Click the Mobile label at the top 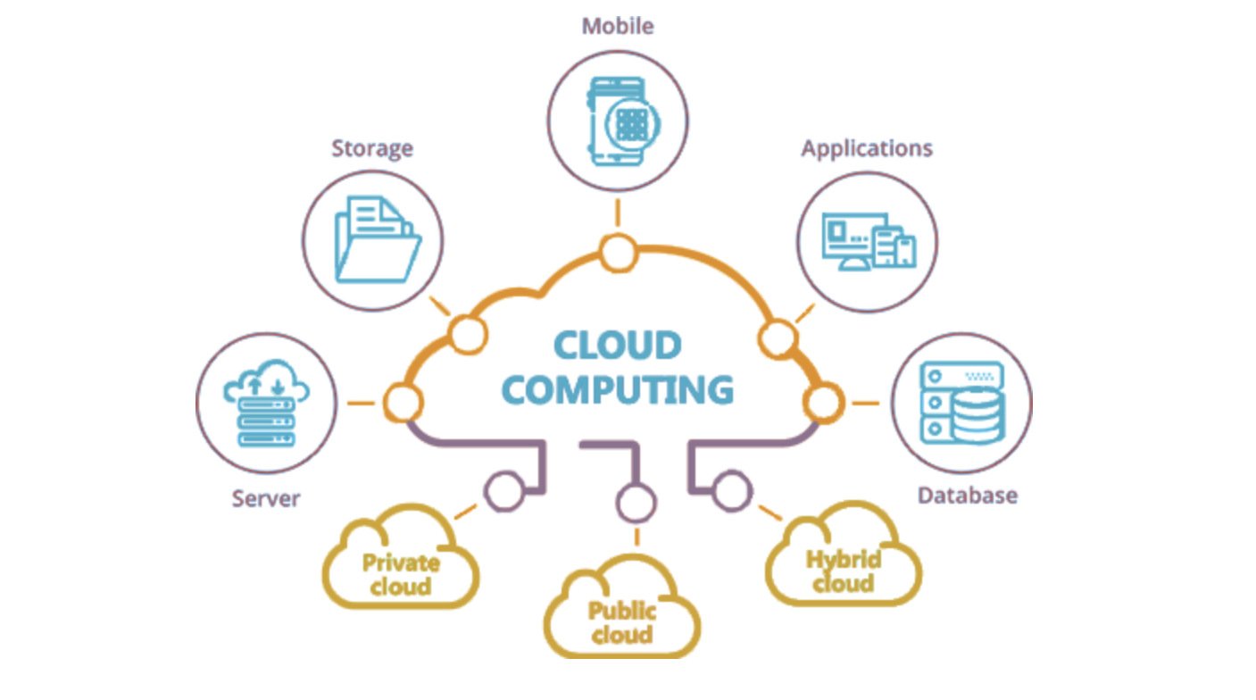(617, 26)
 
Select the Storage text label (372, 147)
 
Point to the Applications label (866, 148)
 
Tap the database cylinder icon (977, 415)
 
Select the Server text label (266, 497)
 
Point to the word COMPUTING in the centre (617, 390)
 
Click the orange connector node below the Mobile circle (617, 253)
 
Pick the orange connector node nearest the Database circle (821, 403)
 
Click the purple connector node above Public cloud (636, 504)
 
